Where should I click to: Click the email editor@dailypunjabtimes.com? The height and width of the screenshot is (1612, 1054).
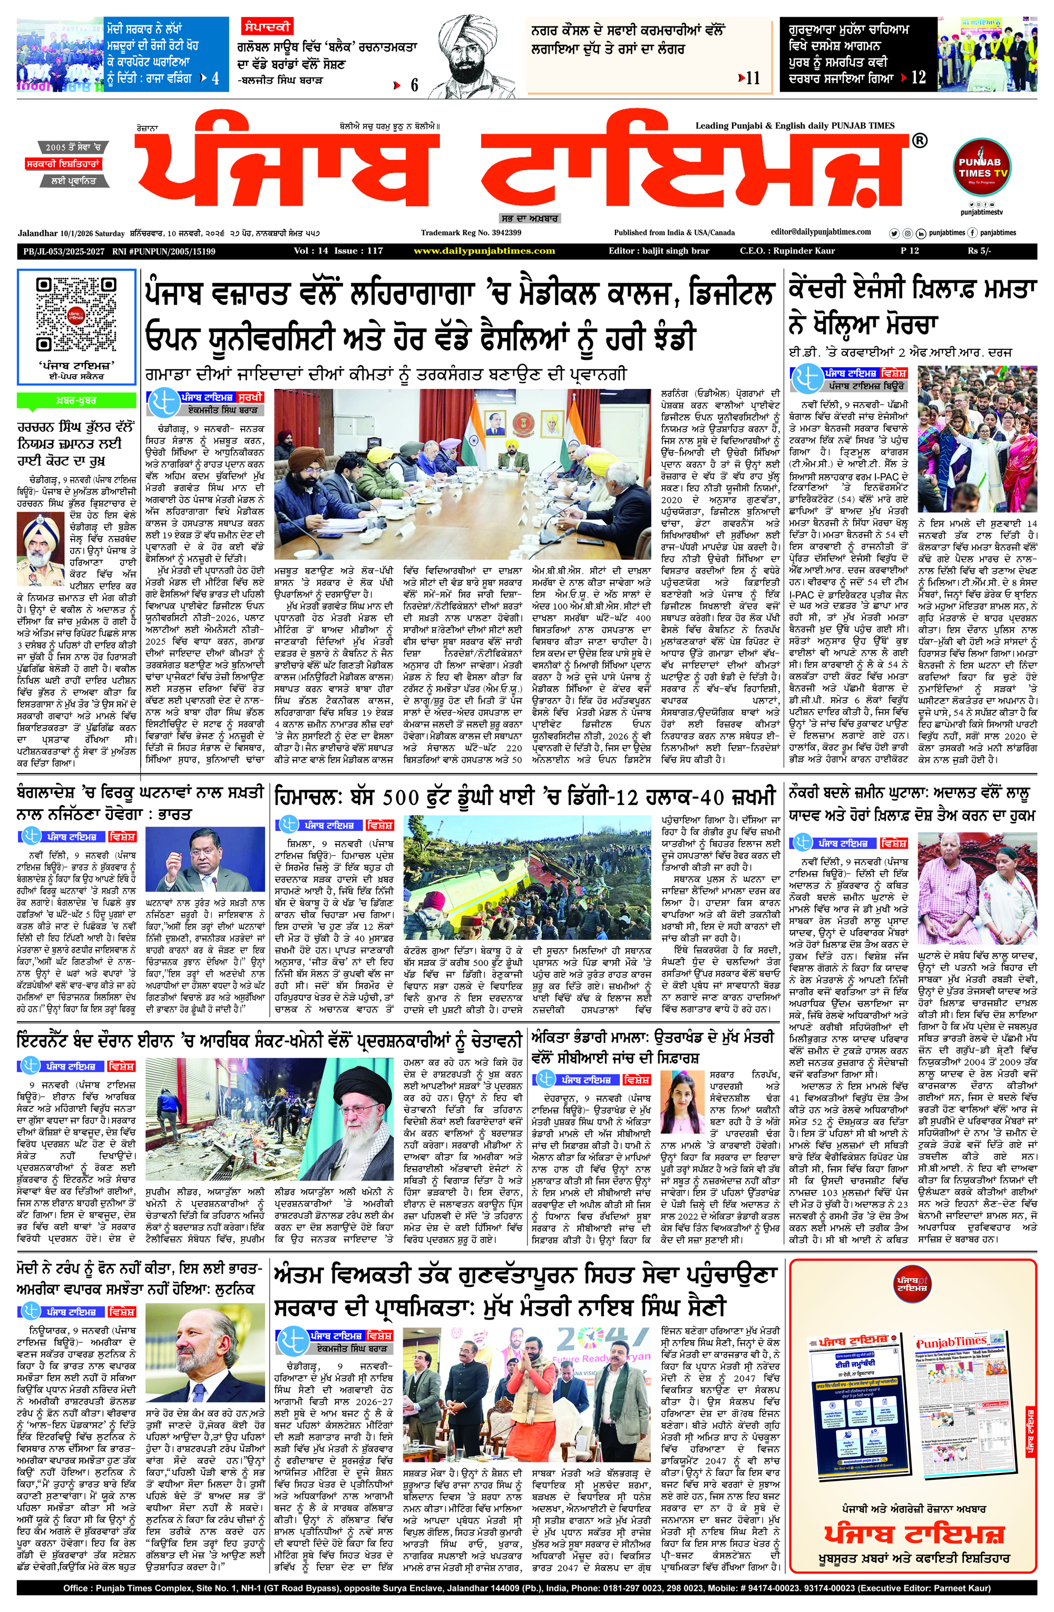pos(821,232)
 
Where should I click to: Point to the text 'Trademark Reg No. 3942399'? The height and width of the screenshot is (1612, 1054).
pos(471,232)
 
